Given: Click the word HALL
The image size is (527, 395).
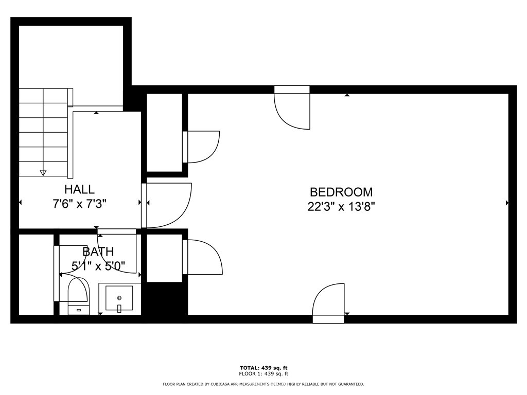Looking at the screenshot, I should click(79, 189).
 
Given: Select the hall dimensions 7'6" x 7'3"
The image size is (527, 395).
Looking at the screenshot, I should click(79, 204).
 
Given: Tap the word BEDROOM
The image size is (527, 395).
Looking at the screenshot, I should click(341, 192).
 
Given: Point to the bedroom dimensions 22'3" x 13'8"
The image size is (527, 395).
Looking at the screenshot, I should click(341, 207).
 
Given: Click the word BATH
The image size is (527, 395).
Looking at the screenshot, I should click(98, 252).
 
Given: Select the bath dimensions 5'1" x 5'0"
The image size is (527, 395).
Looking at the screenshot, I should click(98, 266).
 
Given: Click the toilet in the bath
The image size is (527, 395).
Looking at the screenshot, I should click(79, 293).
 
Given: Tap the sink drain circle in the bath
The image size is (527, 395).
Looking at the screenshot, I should click(119, 297).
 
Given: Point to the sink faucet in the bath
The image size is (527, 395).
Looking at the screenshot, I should click(119, 308).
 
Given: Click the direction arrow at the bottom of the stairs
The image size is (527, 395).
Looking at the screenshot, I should click(43, 173).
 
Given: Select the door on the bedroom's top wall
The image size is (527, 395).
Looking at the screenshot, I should click(292, 108).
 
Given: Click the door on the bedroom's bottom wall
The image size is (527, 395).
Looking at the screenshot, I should click(328, 303).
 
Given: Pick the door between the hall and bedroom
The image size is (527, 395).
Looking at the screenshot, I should click(167, 205).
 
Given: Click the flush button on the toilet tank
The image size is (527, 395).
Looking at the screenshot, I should click(79, 310).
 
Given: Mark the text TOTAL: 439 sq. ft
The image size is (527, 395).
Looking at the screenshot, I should click(263, 368).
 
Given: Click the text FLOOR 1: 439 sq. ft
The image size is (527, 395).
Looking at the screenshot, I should click(263, 374).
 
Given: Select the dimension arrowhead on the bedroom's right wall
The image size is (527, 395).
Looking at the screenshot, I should click(507, 203).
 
